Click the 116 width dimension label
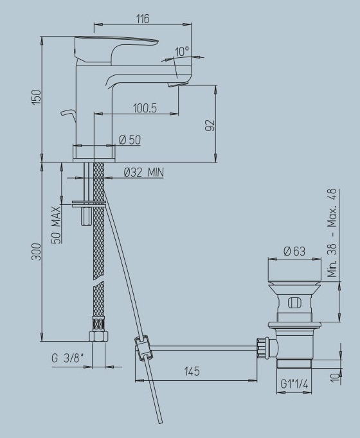click(143, 19)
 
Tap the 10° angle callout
click(182, 51)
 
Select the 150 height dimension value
click(37, 97)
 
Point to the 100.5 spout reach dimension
click(145, 108)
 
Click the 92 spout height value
click(210, 125)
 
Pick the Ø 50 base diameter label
click(130, 139)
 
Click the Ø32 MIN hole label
click(143, 172)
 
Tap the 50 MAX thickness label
click(56, 225)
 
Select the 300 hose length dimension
click(37, 252)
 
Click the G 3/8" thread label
click(67, 358)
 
